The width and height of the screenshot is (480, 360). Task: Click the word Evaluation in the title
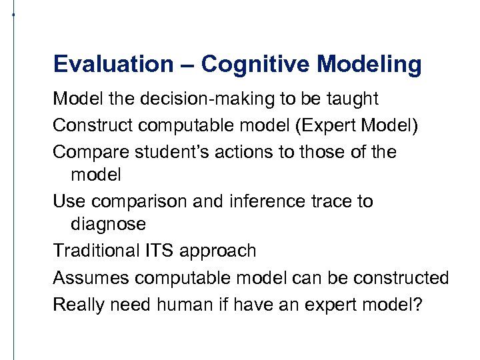[x=113, y=65]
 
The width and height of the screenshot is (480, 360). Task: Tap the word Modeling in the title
[x=369, y=65]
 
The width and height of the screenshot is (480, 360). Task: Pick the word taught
[x=352, y=99]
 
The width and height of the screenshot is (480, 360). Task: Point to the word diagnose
[x=108, y=225]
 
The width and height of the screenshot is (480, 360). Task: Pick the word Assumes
[x=87, y=277]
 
